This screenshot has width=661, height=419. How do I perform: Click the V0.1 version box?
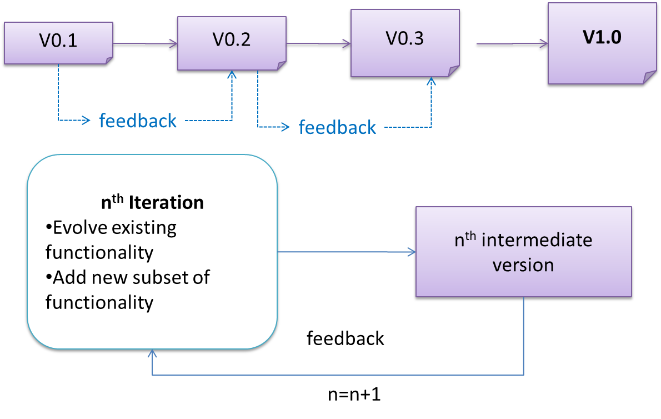point(58,42)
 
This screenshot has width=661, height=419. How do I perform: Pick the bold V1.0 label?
point(602,37)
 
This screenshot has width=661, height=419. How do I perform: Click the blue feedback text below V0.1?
point(138,120)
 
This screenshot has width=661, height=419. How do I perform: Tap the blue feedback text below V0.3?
point(337,127)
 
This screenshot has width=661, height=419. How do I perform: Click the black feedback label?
point(345,338)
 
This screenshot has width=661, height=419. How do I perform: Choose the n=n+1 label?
point(354,395)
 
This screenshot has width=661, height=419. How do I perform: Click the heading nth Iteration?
point(152,202)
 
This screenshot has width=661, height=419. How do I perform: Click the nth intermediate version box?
point(523,252)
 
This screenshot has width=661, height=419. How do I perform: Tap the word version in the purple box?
point(523,265)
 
